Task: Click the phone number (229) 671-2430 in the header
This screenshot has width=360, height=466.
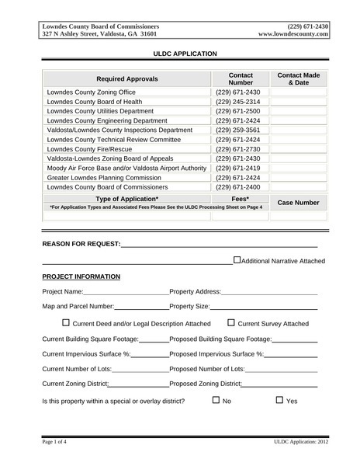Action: (x=307, y=26)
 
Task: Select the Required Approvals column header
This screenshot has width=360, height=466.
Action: (x=126, y=79)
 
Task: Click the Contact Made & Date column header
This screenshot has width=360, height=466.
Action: (x=298, y=79)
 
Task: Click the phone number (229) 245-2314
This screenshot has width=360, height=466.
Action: (x=238, y=102)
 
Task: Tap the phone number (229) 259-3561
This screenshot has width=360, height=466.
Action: (x=238, y=130)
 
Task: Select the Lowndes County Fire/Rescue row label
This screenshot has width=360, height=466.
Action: (x=89, y=149)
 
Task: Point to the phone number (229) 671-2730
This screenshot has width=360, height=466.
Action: (x=238, y=149)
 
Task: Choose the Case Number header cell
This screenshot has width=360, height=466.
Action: (x=298, y=203)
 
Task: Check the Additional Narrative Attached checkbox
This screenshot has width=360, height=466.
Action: (x=237, y=260)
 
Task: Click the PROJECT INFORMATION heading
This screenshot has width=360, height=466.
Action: (x=81, y=276)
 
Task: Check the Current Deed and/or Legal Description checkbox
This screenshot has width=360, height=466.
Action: (x=66, y=322)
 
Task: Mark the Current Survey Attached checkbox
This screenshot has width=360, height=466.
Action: (x=231, y=322)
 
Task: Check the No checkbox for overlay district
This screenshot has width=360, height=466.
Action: (x=216, y=401)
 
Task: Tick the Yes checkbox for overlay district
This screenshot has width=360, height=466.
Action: (x=280, y=401)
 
